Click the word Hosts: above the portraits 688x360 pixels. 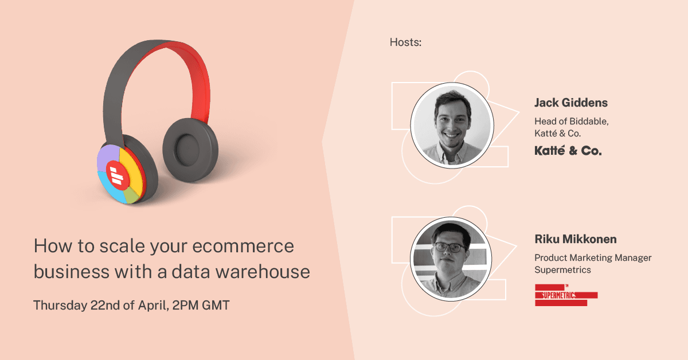click(405, 42)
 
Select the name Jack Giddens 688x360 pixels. click(571, 103)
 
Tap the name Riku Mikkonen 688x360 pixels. click(576, 239)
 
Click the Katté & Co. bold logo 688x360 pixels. click(568, 151)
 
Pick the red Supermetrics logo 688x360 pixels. click(566, 295)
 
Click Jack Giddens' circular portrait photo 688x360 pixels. click(452, 126)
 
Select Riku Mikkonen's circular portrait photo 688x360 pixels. click(451, 259)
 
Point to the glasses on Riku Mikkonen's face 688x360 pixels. click(449, 247)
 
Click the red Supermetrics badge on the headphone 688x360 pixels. click(118, 175)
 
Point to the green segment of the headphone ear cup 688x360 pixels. click(131, 195)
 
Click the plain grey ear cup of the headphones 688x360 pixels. click(190, 150)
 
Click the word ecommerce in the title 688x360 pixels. click(243, 246)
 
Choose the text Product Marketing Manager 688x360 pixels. click(593, 257)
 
